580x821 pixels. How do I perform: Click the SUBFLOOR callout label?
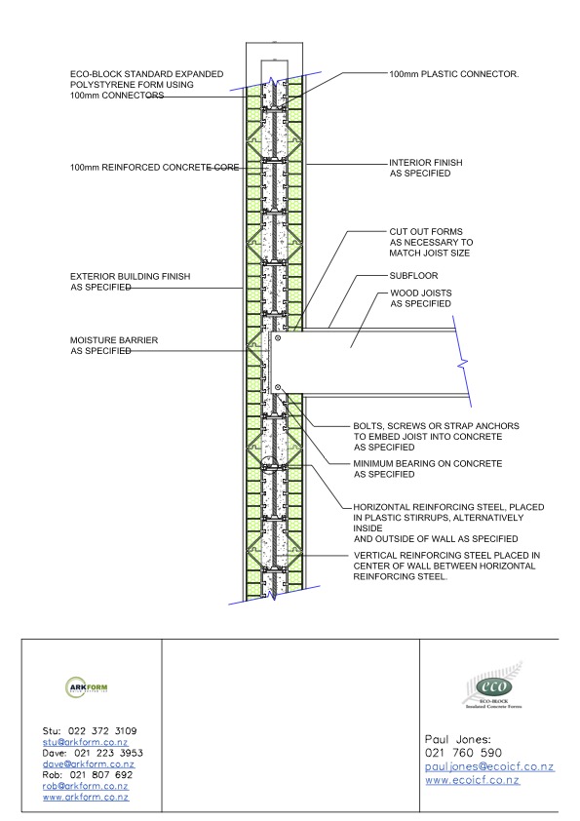(413, 275)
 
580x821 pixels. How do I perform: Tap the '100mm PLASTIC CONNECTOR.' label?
(454, 74)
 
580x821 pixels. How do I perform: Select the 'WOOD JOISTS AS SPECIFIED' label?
(421, 298)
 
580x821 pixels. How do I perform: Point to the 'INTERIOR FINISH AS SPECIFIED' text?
(426, 168)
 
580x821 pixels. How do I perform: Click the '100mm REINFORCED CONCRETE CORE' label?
(154, 168)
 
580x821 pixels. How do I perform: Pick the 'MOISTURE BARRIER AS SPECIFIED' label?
(114, 345)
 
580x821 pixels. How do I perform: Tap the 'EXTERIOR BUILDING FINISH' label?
(131, 276)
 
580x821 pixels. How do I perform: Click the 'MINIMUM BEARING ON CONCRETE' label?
(428, 463)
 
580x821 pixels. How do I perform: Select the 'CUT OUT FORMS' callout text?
(426, 231)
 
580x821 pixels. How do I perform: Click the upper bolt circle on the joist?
(278, 338)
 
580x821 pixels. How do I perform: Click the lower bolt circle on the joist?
(278, 387)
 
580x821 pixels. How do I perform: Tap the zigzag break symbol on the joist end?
(463, 363)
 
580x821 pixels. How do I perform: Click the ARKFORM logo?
(87, 687)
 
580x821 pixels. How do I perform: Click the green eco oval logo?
(493, 685)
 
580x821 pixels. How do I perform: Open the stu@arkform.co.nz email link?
(86, 742)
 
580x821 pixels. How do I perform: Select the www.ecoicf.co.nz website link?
(472, 780)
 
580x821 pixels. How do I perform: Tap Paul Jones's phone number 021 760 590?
(463, 753)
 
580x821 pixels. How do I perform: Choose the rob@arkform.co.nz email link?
(86, 786)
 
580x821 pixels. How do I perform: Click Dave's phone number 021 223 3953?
(108, 753)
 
